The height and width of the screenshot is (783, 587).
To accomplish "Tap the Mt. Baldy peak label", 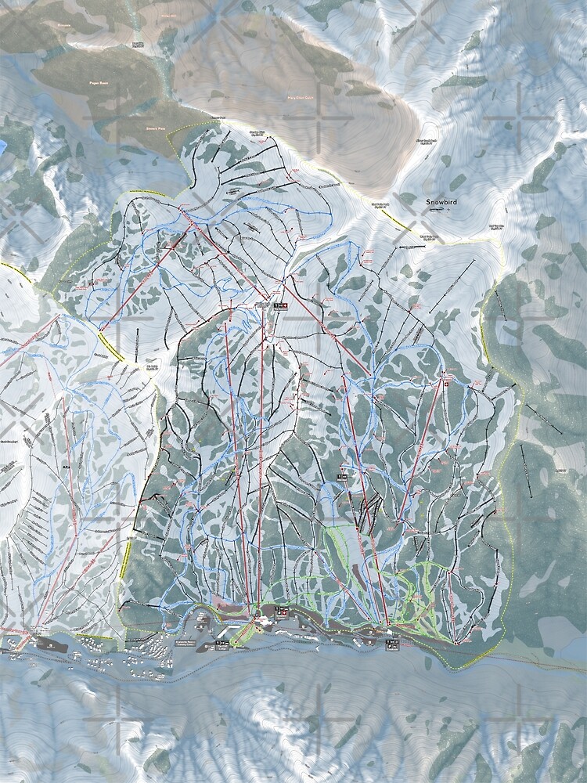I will pos(152,366).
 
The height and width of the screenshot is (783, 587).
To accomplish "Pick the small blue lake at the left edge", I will pos(2,146).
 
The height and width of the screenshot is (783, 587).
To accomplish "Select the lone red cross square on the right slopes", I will pos(446,385).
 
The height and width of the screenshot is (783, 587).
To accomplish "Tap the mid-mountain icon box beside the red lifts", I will pos(342,476).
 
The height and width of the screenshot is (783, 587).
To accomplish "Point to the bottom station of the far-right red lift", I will pos(400,520).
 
